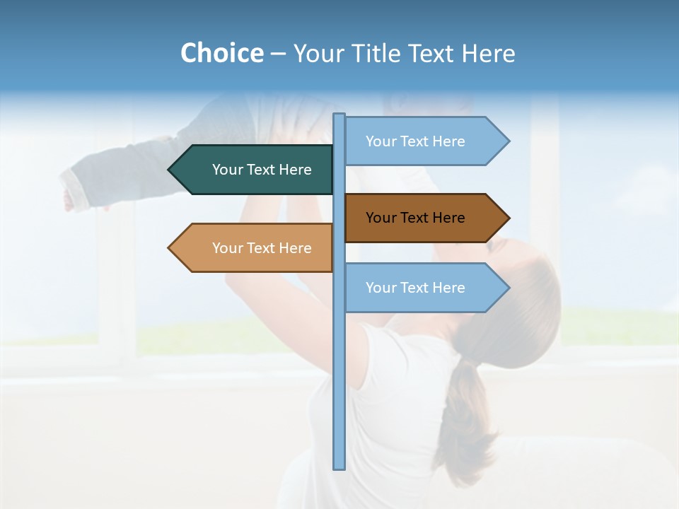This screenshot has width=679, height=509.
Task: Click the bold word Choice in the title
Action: click(x=221, y=53)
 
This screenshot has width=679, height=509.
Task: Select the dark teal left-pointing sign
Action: click(x=255, y=170)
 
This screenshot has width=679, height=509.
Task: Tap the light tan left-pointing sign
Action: click(x=255, y=248)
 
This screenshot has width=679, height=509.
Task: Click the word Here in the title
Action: click(x=489, y=53)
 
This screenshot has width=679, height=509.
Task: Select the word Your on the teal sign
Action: click(x=227, y=170)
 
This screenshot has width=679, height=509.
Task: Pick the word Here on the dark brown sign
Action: click(x=447, y=218)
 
